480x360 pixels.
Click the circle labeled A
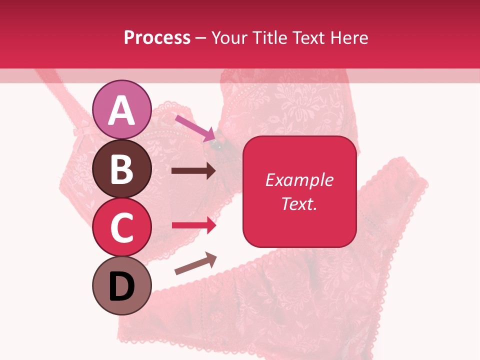tap(122, 109)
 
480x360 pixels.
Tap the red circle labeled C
tap(122, 227)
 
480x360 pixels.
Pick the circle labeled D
tap(122, 285)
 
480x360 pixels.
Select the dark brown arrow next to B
tap(193, 171)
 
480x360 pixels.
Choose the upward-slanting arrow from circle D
tap(195, 264)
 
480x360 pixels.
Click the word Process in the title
tap(157, 37)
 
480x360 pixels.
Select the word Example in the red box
tap(299, 180)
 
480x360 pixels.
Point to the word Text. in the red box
tap(299, 203)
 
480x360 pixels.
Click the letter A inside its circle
tap(122, 110)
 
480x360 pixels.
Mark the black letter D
tap(122, 286)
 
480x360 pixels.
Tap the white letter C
tap(122, 227)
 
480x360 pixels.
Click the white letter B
tap(122, 169)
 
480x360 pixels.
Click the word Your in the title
tap(228, 37)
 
